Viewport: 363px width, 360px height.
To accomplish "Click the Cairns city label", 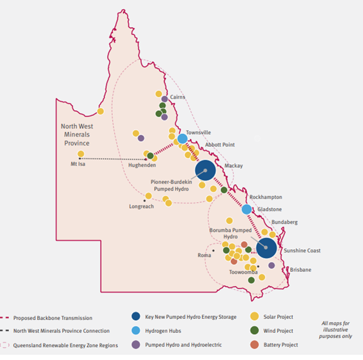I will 178,97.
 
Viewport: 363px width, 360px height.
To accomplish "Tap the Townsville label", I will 190,132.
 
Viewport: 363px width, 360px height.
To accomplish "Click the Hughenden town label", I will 142,166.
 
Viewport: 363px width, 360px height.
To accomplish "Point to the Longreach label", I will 142,207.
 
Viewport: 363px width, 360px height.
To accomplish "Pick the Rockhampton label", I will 266,196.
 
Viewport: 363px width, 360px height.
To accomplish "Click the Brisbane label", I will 300,269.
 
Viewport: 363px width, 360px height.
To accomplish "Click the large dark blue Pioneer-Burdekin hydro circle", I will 206,171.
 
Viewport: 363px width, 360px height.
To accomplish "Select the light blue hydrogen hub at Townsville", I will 182,138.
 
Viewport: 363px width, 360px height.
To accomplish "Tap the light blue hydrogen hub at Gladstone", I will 246,209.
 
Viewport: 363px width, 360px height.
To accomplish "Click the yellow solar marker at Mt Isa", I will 81,154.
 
